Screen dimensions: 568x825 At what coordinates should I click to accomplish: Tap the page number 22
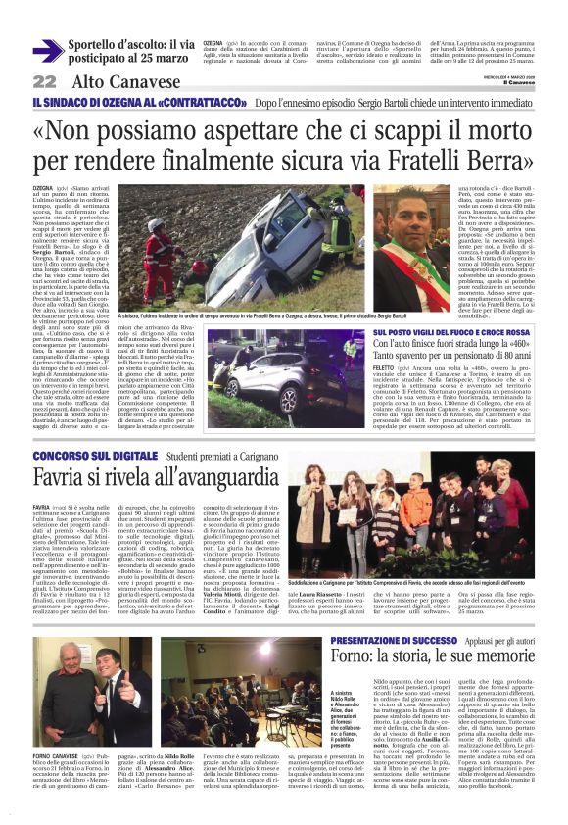point(44,81)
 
